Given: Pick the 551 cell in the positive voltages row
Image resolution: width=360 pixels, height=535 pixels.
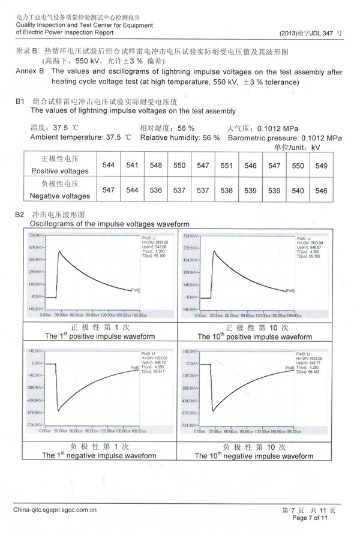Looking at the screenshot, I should pos(226,165).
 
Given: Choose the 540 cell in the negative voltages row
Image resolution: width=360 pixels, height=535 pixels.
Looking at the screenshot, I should pos(298,190).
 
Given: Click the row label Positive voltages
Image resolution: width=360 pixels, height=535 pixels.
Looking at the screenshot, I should pos(61,171).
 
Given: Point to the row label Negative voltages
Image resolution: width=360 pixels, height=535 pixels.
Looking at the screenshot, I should pos(61,196).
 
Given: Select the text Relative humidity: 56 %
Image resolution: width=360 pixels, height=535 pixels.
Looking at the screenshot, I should pos(179,137).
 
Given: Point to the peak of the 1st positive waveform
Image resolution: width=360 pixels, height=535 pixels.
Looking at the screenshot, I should pos(59,251).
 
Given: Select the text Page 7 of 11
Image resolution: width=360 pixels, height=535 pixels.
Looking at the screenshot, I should pos(310,517).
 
